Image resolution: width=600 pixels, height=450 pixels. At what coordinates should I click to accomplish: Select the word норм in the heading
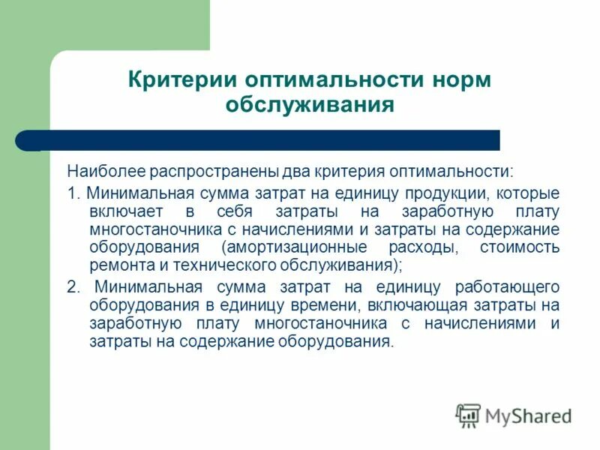455,79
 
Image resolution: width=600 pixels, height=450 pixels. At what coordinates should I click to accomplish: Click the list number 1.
72,193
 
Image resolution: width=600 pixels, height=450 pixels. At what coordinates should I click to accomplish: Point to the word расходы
424,247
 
